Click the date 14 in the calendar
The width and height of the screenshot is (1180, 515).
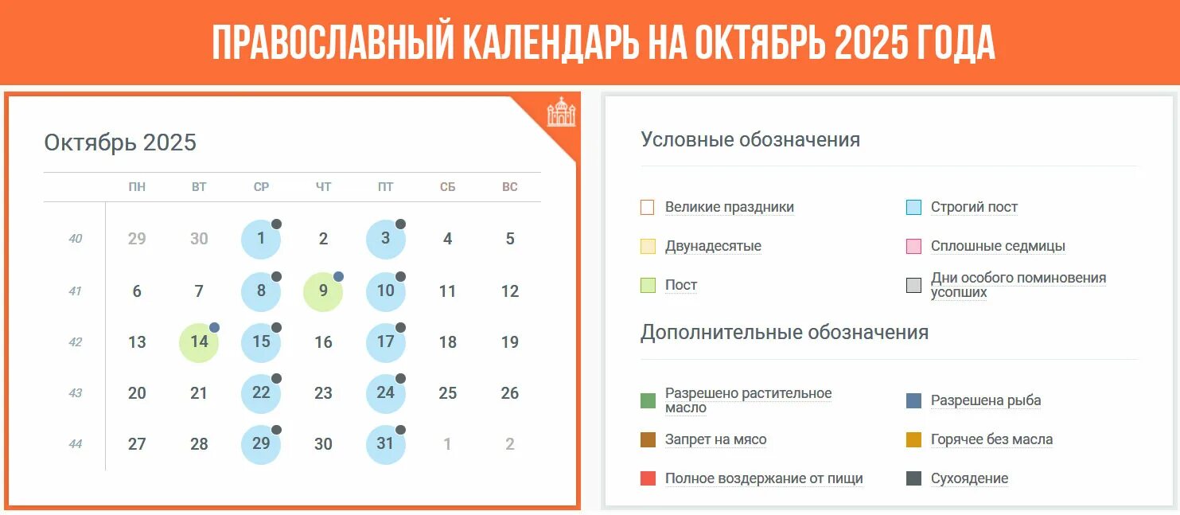[199, 342]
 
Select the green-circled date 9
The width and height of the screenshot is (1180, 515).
[323, 291]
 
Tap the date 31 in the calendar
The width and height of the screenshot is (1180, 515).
[385, 443]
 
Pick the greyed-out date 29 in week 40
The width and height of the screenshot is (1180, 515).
[137, 239]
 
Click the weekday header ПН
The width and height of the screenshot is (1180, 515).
[137, 187]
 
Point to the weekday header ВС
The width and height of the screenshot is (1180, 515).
[510, 187]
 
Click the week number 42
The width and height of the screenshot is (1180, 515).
[75, 342]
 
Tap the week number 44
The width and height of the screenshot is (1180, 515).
[75, 444]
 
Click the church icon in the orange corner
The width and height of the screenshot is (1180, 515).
[561, 112]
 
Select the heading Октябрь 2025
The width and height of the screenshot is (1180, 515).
[120, 142]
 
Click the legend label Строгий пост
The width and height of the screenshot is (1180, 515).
[974, 207]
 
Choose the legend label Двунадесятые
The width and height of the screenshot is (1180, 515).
[713, 246]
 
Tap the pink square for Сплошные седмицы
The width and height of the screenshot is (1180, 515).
[913, 246]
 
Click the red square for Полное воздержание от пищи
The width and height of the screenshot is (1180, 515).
[648, 478]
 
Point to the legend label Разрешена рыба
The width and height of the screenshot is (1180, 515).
[986, 400]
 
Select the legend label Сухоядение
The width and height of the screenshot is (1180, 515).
[969, 478]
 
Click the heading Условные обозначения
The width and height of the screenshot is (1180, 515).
[750, 140]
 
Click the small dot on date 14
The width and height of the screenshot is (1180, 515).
[214, 327]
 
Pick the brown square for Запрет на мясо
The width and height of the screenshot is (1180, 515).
[648, 439]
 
